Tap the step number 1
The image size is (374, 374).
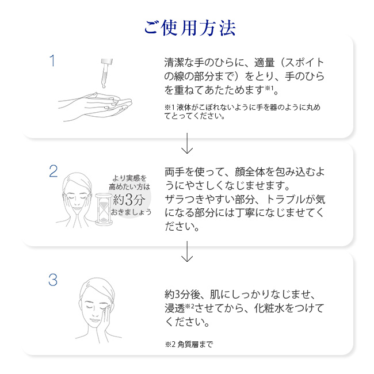pos(52,60)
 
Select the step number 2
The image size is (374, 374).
pos(53,170)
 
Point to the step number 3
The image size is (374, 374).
pos(53,280)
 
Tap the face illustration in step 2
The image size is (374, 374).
pos(77,199)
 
